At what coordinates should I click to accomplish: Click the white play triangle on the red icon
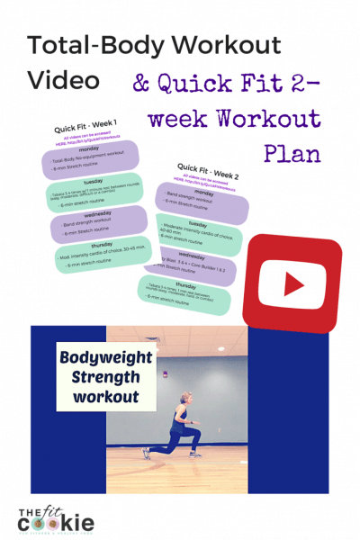tap(293, 283)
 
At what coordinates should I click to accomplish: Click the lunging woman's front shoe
tap(146, 454)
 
